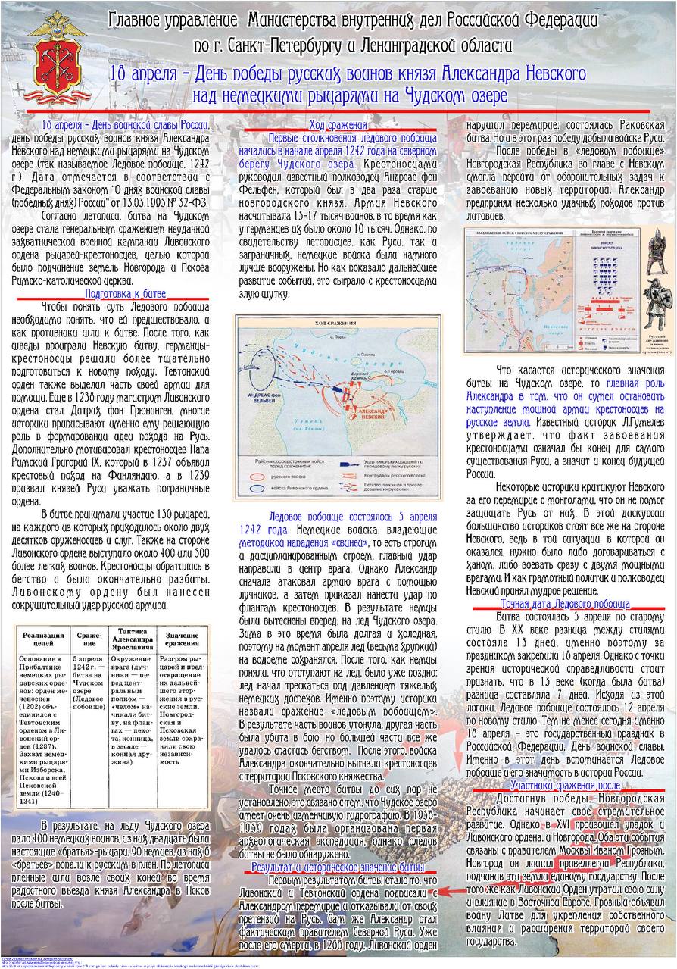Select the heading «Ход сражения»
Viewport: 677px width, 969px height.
click(x=338, y=125)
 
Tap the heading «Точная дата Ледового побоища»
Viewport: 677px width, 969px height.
click(x=565, y=604)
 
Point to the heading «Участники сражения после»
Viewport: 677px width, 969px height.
click(x=565, y=785)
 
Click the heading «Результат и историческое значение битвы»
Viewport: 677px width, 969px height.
click(x=338, y=866)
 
